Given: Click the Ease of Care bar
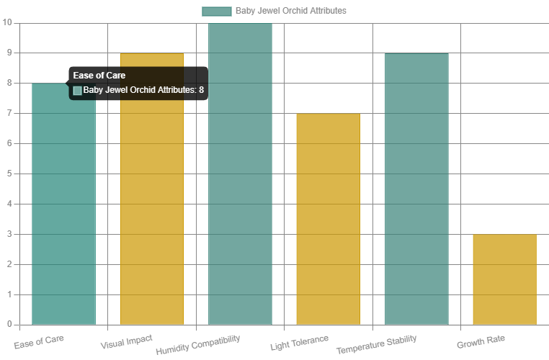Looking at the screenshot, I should pyautogui.click(x=63, y=216).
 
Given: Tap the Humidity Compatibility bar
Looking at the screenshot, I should pyautogui.click(x=240, y=174).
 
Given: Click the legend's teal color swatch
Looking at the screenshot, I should pyautogui.click(x=216, y=11).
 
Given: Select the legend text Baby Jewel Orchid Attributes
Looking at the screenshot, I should pyautogui.click(x=290, y=11).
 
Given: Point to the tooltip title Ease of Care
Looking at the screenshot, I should pyautogui.click(x=99, y=75).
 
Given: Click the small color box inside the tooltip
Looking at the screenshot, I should pyautogui.click(x=77, y=90).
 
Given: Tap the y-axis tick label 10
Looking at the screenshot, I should pyautogui.click(x=7, y=22).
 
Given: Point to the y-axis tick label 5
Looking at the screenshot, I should pyautogui.click(x=9, y=174).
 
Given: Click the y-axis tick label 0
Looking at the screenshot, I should pyautogui.click(x=9, y=325).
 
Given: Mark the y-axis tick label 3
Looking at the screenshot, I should pyautogui.click(x=9, y=234).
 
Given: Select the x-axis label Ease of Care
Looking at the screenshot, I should pyautogui.click(x=40, y=339).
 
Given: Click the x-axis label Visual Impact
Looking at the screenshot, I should pyautogui.click(x=126, y=339).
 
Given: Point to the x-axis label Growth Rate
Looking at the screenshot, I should pyautogui.click(x=481, y=340).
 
